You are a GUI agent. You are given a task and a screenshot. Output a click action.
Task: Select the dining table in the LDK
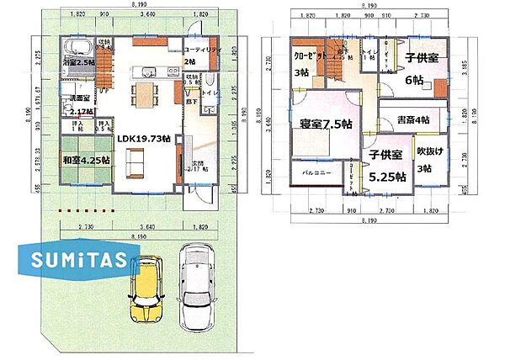click(x=146, y=89)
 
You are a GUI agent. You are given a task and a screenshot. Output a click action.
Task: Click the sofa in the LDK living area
click(x=135, y=162)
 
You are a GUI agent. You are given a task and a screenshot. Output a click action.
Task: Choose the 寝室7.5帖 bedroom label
click(x=327, y=124)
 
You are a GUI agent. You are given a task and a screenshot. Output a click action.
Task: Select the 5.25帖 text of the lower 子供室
click(x=388, y=177)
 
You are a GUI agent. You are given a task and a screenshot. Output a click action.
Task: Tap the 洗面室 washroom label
click(x=81, y=98)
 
